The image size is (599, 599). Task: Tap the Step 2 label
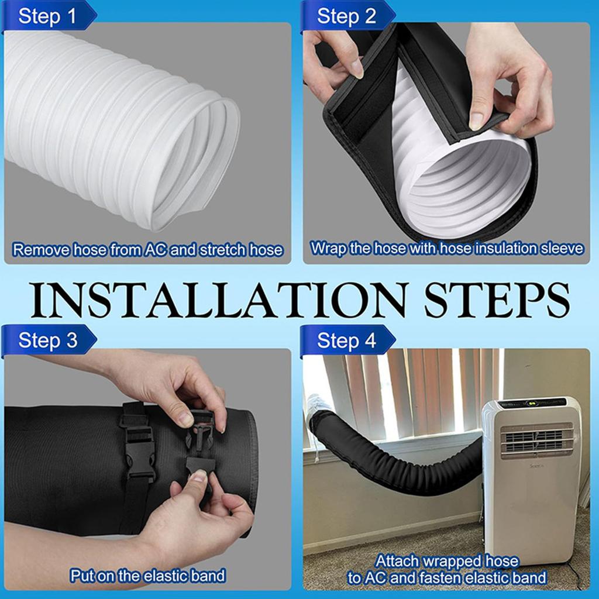point(346,16)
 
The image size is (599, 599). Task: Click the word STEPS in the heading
point(496,299)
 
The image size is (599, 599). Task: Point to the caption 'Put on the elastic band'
point(147,576)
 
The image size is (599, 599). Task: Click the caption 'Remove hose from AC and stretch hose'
point(147,250)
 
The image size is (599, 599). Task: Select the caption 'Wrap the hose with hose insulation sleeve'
point(447,248)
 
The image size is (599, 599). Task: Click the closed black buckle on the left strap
point(139,447)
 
